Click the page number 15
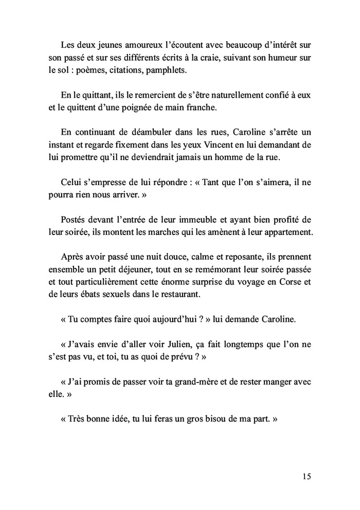pyautogui.click(x=307, y=476)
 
